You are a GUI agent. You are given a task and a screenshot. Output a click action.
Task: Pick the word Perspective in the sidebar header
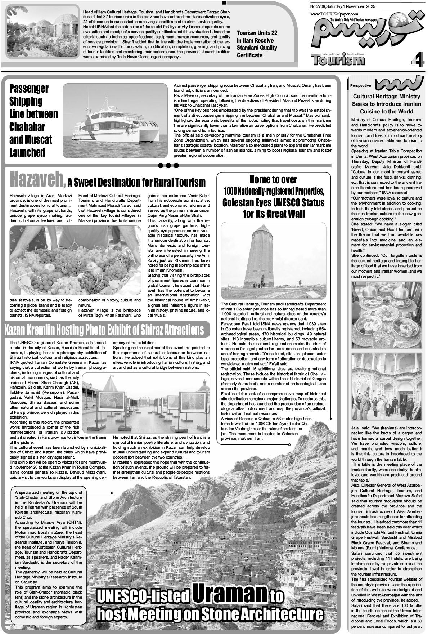click(360, 86)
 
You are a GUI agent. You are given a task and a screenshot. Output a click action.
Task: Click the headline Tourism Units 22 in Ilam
click(257, 44)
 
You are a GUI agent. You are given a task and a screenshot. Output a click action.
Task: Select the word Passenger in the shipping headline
click(29, 88)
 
